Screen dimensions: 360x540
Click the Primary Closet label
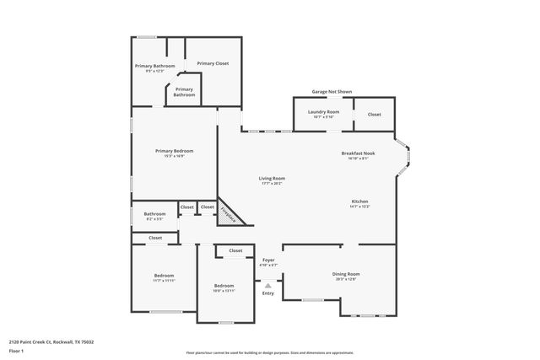point(213,63)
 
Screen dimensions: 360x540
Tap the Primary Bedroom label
point(169,151)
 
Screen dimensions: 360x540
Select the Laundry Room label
point(323,112)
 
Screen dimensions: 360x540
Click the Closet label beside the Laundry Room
point(374,114)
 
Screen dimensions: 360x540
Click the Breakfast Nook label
point(358,153)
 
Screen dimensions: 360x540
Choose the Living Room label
point(272,178)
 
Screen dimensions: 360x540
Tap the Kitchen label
point(360,201)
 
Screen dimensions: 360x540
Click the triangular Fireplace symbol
point(229,213)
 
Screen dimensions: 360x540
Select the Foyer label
point(268,260)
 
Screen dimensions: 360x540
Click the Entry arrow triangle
point(268,285)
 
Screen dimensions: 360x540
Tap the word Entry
point(268,293)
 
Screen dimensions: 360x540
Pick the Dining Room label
point(346,273)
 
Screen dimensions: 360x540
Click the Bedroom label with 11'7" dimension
point(164,276)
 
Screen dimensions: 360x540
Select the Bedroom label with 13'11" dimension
point(224,286)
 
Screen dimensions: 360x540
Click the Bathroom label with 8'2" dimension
point(154,214)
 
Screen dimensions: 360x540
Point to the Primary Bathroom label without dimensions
point(184,92)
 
